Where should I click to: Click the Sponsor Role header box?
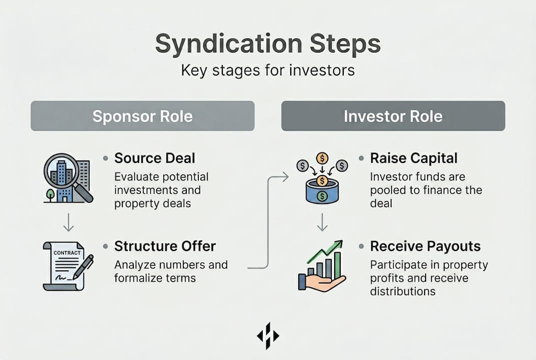142,116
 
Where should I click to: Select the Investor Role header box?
393,116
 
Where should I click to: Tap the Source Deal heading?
154,158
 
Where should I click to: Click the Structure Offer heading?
165,246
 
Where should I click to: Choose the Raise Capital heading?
414,158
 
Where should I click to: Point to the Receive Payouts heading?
425,246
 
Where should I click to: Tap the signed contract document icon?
68,266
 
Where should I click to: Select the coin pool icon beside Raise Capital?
322,178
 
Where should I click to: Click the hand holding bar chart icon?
321,266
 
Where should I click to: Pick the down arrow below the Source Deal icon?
69,222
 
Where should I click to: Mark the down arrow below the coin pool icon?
322,222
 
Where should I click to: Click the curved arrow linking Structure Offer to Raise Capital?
268,222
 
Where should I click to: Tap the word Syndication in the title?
229,44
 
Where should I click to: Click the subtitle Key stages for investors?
268,70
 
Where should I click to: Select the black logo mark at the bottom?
268,335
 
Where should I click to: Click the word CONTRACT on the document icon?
67,253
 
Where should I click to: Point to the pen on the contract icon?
83,267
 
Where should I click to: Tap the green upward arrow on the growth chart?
325,251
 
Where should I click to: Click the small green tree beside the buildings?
50,195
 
